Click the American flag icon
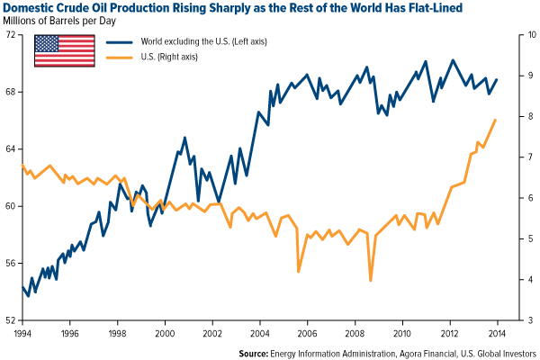(65, 51)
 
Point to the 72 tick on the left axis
(12, 35)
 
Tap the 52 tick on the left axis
(12, 320)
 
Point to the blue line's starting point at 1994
(22, 287)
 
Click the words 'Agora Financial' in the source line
(427, 352)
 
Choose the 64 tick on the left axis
(12, 149)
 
